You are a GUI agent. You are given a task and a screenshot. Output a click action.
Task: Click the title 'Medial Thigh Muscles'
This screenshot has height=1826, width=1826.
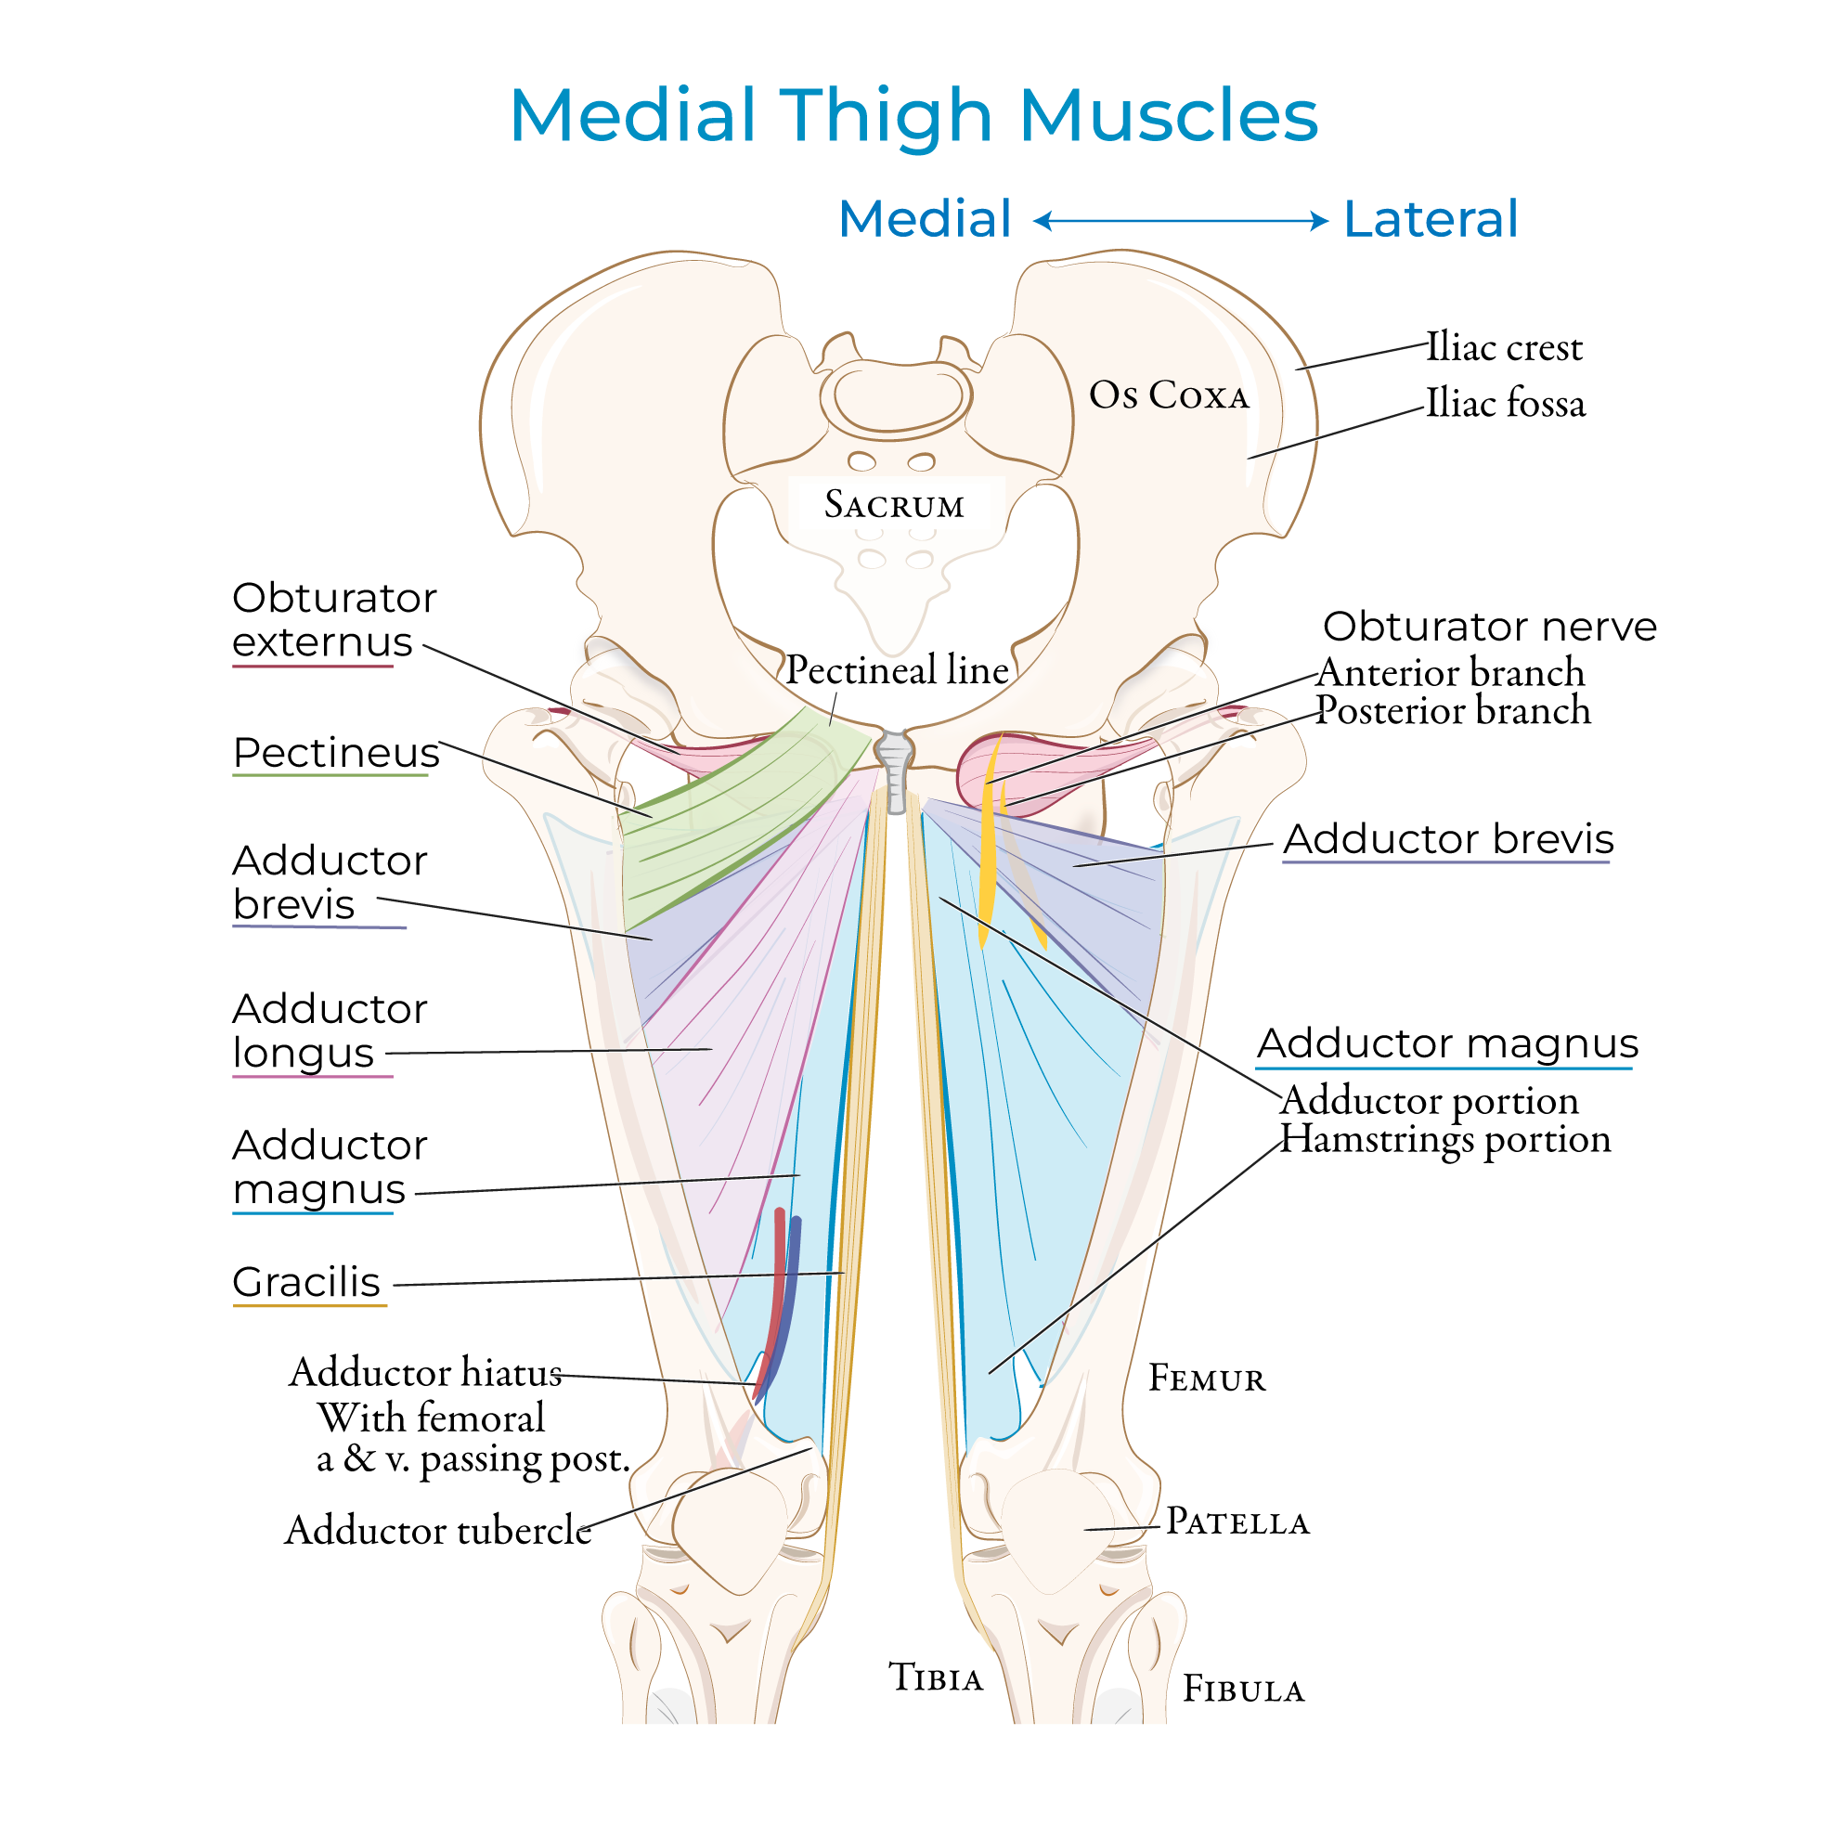(x=913, y=115)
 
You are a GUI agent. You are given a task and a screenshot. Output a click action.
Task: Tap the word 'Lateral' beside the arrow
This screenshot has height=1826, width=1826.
(x=1430, y=219)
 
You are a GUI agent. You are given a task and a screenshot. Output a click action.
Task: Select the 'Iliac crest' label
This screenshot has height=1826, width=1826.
(x=1504, y=348)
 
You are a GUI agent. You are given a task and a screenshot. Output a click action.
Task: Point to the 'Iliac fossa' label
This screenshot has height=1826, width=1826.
(x=1506, y=404)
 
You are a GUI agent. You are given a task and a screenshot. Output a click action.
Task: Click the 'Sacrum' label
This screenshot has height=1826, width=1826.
(x=894, y=505)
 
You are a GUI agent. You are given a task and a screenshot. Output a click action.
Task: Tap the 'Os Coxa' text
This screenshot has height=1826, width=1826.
(x=1169, y=395)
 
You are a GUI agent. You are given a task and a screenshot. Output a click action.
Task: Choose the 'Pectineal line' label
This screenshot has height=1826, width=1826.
(x=897, y=670)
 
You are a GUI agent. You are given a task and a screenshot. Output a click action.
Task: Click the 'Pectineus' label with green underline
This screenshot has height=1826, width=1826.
(x=336, y=753)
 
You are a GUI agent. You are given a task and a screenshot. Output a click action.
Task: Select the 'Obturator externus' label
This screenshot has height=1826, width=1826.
(x=332, y=620)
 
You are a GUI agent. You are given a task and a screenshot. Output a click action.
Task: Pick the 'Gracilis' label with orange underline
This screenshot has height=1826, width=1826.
(x=306, y=1283)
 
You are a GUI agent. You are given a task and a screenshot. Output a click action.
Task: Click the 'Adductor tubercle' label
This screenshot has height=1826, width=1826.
(x=437, y=1530)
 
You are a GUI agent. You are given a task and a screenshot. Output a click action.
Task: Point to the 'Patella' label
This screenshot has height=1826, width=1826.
(x=1237, y=1522)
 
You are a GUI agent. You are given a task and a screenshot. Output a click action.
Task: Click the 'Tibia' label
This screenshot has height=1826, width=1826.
(x=936, y=1677)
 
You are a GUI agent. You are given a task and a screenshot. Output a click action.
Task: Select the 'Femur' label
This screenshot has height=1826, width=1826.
(x=1207, y=1378)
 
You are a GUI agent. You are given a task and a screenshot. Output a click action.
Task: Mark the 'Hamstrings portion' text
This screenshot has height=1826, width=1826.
(x=1445, y=1139)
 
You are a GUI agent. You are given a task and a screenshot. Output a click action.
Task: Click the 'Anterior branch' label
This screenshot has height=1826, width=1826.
(x=1450, y=673)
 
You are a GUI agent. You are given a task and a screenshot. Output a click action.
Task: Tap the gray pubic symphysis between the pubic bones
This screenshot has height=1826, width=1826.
(x=894, y=766)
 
